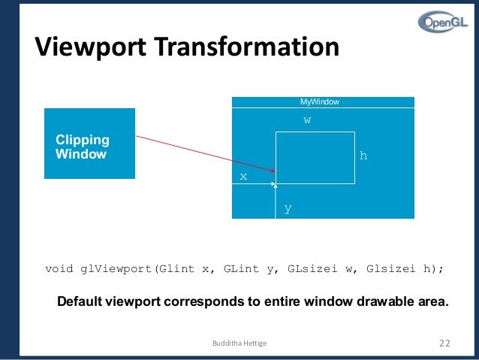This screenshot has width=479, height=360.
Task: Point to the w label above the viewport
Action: (307, 120)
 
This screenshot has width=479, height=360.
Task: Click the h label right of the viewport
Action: (363, 156)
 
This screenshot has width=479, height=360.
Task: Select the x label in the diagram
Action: (243, 176)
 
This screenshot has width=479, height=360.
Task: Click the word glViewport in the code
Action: (118, 269)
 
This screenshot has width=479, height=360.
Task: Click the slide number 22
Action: (444, 343)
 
